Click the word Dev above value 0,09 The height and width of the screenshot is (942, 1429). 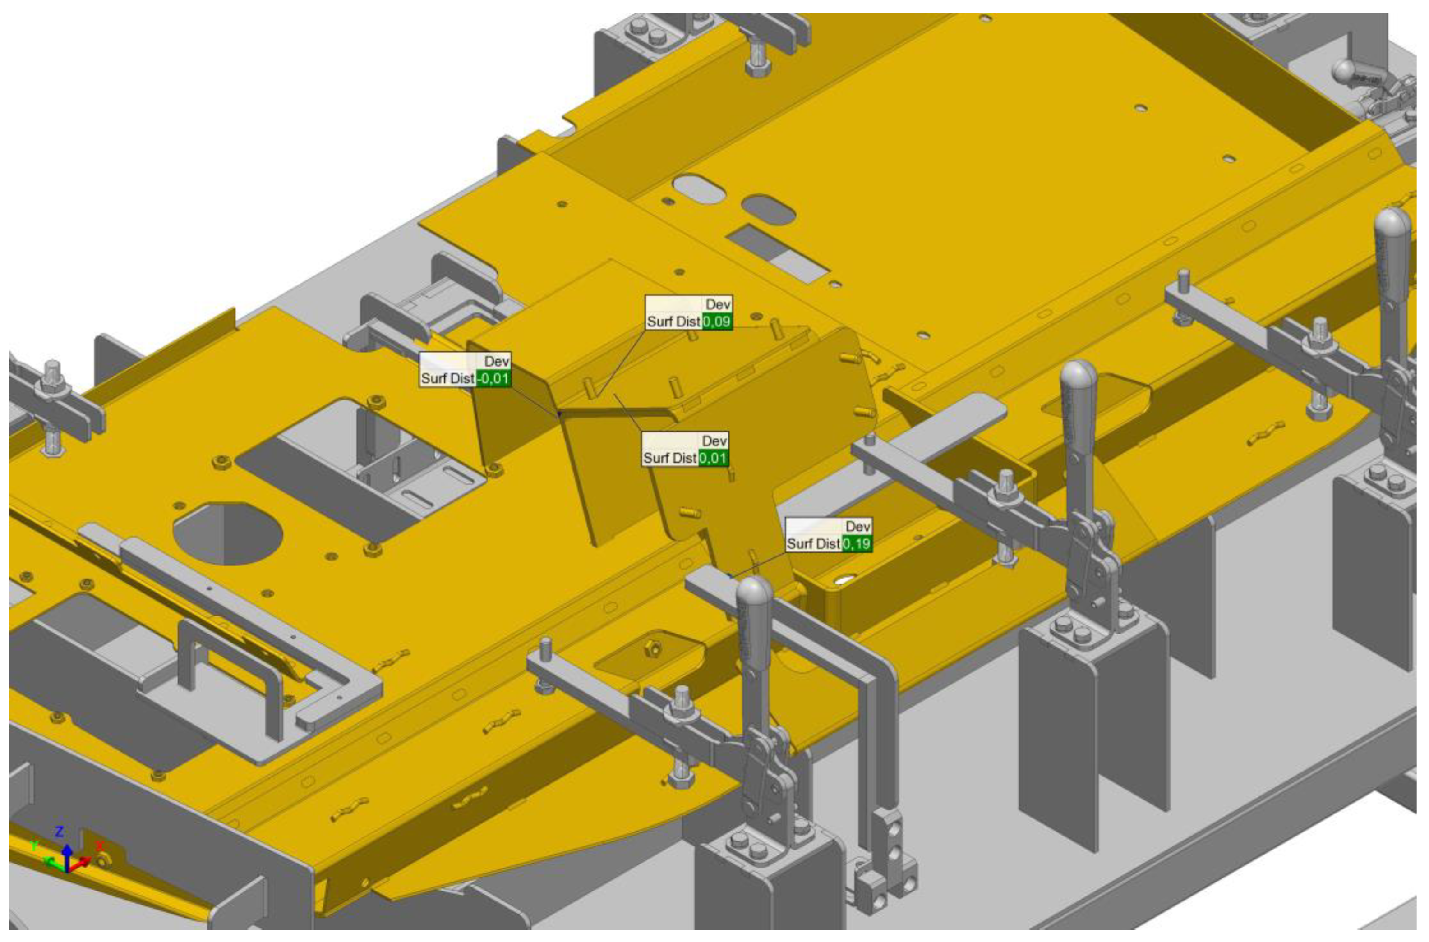[x=718, y=304]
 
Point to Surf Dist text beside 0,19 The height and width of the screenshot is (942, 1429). [x=813, y=544]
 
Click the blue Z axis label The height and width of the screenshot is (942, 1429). [x=60, y=832]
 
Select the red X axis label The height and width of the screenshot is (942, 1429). [x=100, y=846]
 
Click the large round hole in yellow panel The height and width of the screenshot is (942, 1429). [x=227, y=533]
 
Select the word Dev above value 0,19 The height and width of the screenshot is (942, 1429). [x=857, y=527]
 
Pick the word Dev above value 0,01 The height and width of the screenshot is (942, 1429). [x=714, y=441]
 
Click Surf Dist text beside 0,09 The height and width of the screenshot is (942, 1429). [x=673, y=322]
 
